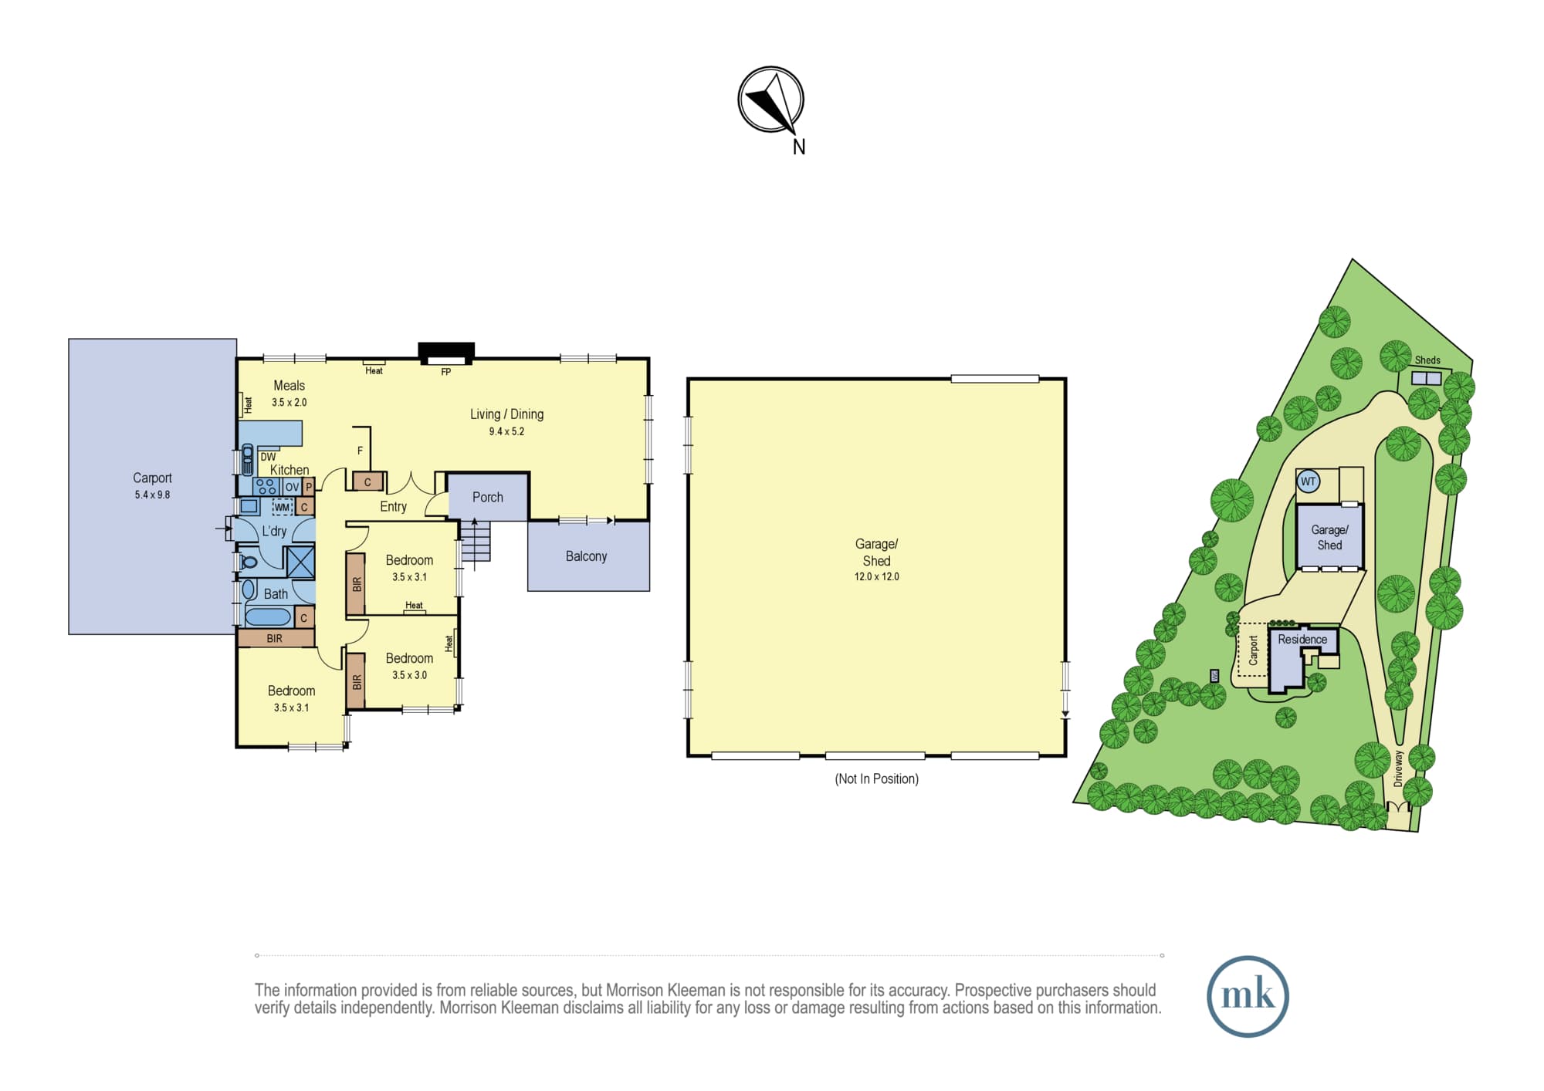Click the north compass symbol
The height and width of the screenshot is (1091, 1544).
[x=770, y=100]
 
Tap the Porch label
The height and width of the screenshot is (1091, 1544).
[x=488, y=498]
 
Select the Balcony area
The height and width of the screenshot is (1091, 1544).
[x=588, y=556]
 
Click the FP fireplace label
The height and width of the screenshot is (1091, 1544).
[x=445, y=372]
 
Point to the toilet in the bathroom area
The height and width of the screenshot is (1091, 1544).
[x=248, y=561]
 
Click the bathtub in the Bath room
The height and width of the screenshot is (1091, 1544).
[x=268, y=616]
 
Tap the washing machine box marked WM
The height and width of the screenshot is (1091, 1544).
[x=283, y=507]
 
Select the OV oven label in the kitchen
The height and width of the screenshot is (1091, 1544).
[x=292, y=487]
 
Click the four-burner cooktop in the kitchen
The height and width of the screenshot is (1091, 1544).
[x=266, y=486]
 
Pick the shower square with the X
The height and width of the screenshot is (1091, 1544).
[x=300, y=562]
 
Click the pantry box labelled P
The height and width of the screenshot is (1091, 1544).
[x=309, y=487]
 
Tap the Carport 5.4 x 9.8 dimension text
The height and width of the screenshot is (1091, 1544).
[x=152, y=495]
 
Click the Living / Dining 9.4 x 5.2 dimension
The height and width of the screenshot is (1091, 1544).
[x=506, y=431]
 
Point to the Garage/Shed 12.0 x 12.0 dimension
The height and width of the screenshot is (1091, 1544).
[x=876, y=576]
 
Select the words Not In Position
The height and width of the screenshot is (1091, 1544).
[x=877, y=779]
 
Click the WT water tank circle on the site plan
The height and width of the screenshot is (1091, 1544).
[x=1308, y=481]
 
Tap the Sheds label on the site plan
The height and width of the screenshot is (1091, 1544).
[x=1427, y=360]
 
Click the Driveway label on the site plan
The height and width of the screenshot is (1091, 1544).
[x=1398, y=768]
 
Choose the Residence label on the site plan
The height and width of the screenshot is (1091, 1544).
[x=1302, y=640]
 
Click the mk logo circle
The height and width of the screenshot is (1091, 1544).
[x=1248, y=996]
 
